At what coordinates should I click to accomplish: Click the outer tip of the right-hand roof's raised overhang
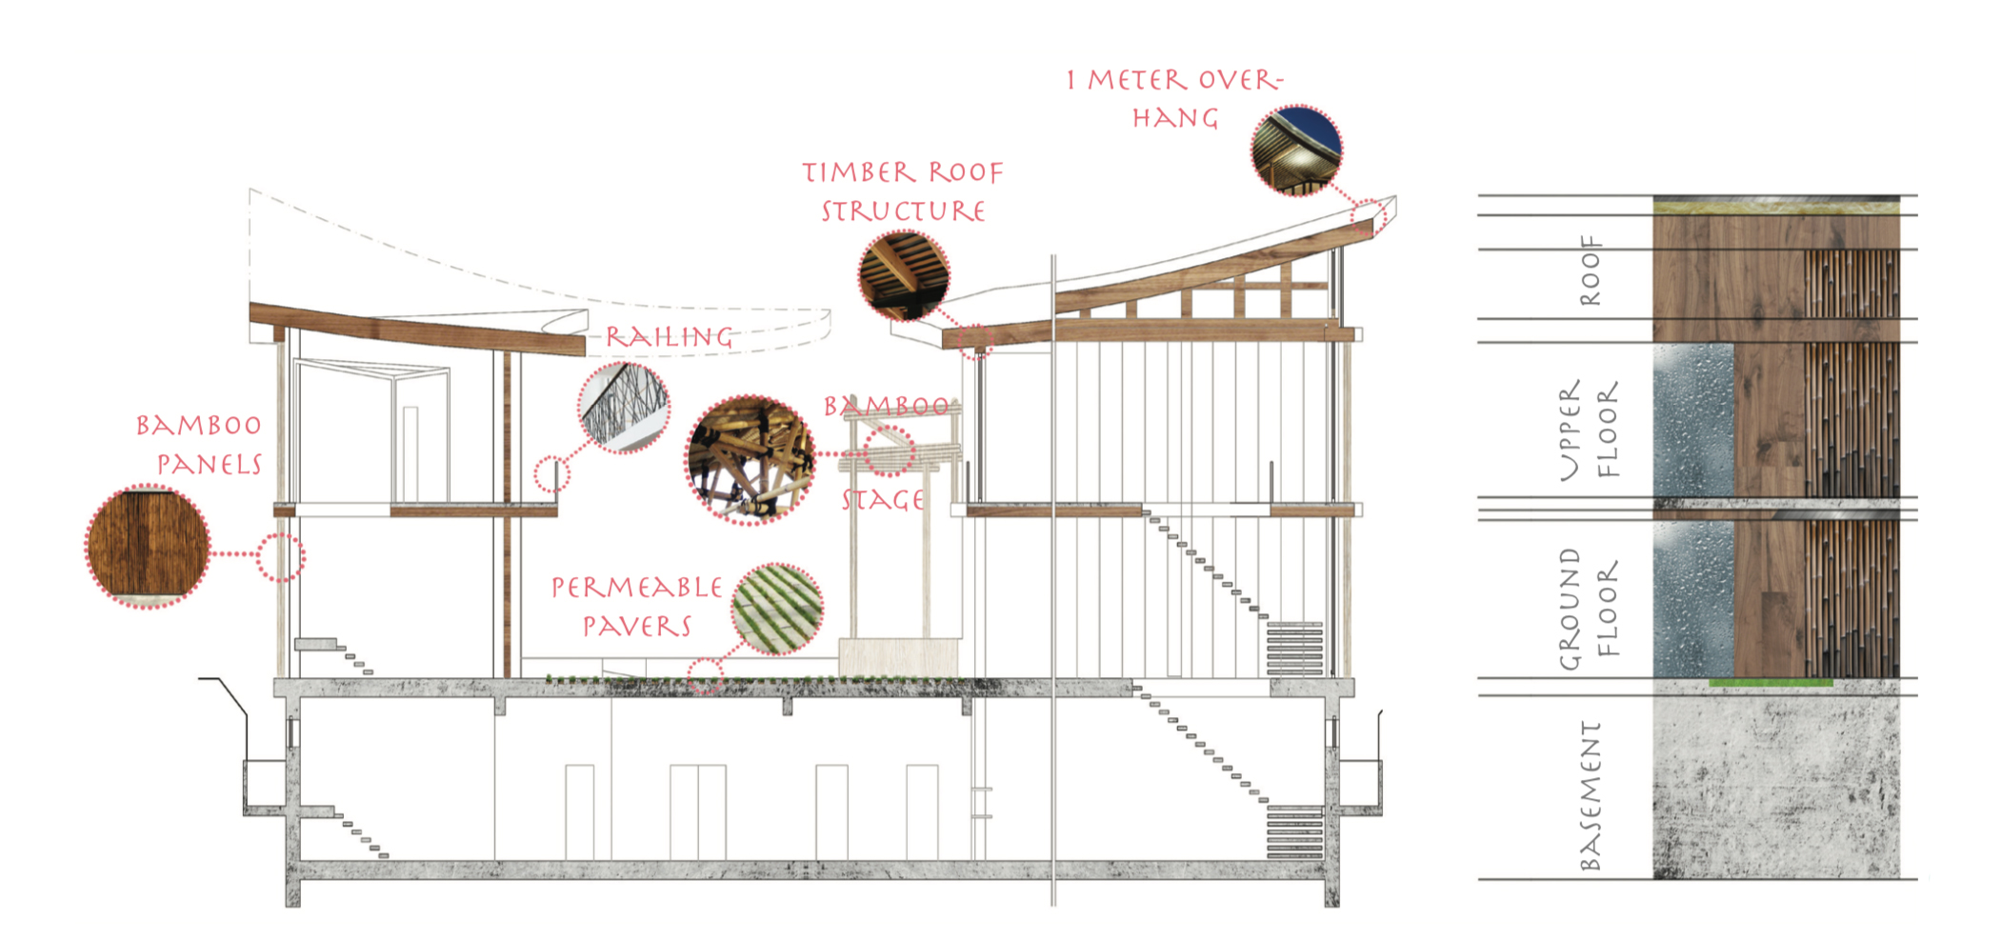click(x=1396, y=197)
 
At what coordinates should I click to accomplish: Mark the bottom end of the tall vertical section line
click(x=1053, y=906)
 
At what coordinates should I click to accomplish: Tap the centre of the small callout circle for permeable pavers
click(x=706, y=675)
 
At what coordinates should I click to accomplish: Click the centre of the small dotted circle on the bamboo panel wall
click(x=281, y=557)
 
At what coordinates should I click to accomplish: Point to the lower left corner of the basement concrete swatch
click(x=1653, y=878)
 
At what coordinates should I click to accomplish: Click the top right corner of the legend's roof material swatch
click(x=1899, y=197)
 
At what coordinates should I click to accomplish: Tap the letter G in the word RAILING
click(x=722, y=337)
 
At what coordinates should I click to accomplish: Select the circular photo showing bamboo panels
click(x=148, y=547)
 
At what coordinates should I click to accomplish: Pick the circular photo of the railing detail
click(x=624, y=407)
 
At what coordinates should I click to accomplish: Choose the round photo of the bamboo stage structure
click(x=751, y=460)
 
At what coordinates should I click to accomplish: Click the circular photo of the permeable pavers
click(x=777, y=609)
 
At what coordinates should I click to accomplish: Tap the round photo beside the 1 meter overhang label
click(x=1296, y=150)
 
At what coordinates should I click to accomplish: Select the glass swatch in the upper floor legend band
click(x=1693, y=419)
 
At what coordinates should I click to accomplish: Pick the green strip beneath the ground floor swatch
click(x=1771, y=682)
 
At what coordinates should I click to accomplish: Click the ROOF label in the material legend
click(x=1590, y=270)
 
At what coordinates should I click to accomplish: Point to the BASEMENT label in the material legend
click(x=1590, y=795)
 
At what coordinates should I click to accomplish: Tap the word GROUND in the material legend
click(x=1570, y=609)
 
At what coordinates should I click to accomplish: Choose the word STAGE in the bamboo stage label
click(x=883, y=500)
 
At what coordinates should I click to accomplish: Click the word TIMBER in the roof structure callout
click(x=859, y=172)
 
